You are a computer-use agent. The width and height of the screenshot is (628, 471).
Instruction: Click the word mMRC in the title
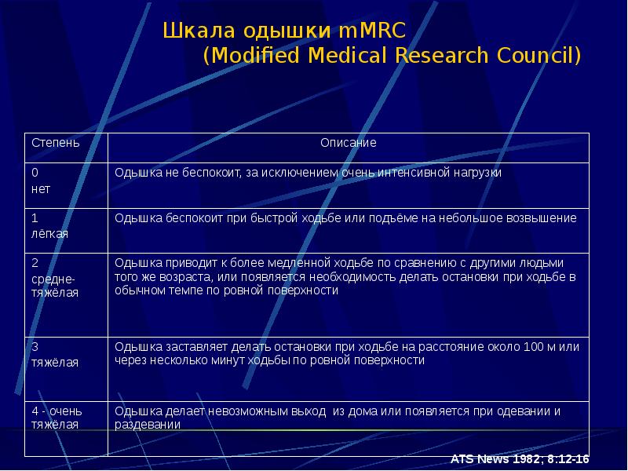click(x=372, y=31)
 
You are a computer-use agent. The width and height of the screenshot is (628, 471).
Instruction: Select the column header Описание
click(x=348, y=143)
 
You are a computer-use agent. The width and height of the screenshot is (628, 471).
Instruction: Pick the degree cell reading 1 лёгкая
click(x=49, y=225)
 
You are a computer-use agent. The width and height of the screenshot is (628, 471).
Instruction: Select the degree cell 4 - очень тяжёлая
click(x=56, y=418)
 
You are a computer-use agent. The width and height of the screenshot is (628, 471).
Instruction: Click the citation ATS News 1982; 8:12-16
click(x=520, y=459)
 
